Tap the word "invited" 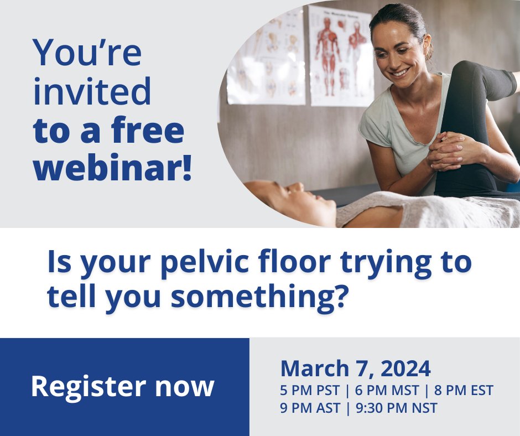(x=92, y=92)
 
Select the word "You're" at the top (x=87, y=53)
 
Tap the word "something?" (x=259, y=297)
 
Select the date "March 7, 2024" (x=355, y=368)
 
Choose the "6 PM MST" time (x=386, y=391)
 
